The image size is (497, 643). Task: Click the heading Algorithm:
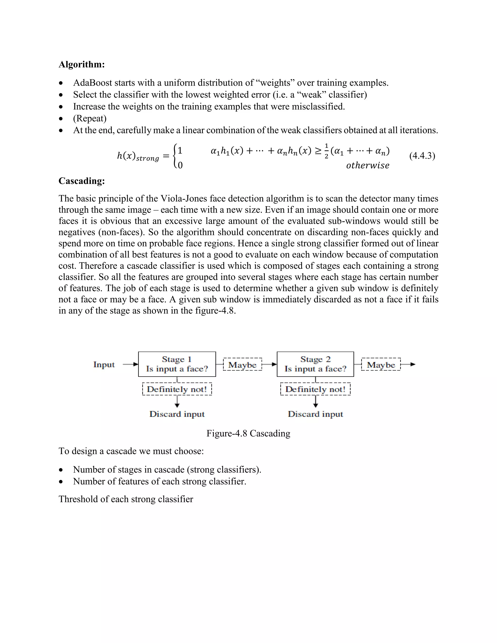[x=82, y=65]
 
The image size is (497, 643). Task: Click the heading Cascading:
[x=82, y=181]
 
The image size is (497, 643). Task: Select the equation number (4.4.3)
[x=422, y=156]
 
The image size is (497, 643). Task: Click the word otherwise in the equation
[x=367, y=165]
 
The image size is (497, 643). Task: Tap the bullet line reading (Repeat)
[x=90, y=118]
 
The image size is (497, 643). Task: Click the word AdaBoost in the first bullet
[x=92, y=83]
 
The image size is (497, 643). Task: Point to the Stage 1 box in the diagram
[x=177, y=364]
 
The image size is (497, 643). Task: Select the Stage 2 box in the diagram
[x=315, y=364]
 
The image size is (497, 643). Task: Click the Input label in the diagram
[x=104, y=364]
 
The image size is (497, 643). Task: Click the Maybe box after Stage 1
[x=242, y=364]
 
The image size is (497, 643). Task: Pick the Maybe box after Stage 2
[x=381, y=364]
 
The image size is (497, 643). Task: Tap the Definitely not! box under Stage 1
[x=177, y=389]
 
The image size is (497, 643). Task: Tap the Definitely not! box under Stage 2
[x=315, y=389]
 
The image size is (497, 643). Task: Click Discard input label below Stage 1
[x=177, y=414]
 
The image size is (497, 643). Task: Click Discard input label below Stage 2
[x=315, y=414]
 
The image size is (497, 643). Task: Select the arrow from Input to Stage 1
[x=130, y=364]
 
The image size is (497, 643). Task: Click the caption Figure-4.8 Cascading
[x=248, y=433]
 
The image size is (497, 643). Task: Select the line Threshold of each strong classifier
[x=126, y=499]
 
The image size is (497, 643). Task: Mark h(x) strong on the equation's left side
[x=138, y=156]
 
